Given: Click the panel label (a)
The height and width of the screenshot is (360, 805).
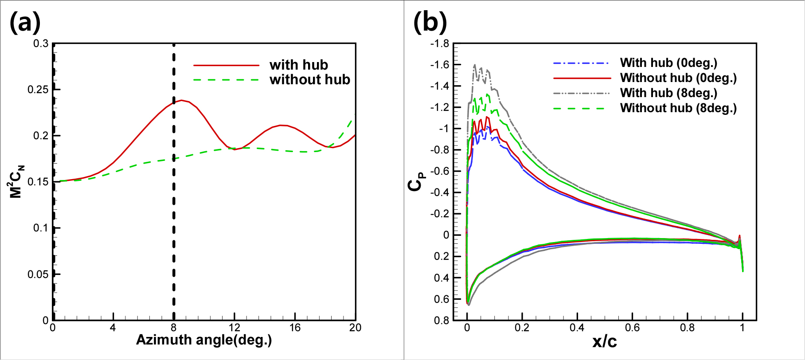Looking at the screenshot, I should [x=25, y=22].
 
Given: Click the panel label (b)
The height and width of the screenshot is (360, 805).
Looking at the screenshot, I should [x=430, y=22].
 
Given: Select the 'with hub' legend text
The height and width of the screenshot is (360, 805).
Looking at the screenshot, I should [x=298, y=65].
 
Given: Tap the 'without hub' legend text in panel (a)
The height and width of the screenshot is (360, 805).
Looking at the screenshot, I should [x=309, y=80].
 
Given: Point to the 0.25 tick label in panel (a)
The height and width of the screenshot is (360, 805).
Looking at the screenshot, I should [x=38, y=90].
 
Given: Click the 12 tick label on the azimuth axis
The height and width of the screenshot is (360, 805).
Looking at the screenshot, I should [x=234, y=328].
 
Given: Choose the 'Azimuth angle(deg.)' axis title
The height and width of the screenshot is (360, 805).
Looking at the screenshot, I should [x=204, y=340].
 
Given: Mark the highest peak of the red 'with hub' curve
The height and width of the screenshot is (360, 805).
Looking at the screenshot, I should [x=181, y=100].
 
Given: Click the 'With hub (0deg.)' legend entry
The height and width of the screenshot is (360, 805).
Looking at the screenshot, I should [x=668, y=63].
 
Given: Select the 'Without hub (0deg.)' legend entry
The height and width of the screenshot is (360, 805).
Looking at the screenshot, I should [x=678, y=78].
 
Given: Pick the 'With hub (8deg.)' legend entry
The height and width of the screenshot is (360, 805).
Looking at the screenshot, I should [x=668, y=93].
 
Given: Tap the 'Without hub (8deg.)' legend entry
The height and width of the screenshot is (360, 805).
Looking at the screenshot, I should [x=678, y=108].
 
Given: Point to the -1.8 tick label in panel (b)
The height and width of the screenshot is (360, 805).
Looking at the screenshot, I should [x=439, y=43].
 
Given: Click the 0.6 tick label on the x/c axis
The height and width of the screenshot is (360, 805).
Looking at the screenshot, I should [x=632, y=328].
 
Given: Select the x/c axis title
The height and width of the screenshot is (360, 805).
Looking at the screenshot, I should [x=605, y=341].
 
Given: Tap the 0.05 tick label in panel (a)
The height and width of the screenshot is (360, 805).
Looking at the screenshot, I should [x=38, y=274].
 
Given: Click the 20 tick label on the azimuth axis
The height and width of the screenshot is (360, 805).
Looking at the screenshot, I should [x=355, y=328].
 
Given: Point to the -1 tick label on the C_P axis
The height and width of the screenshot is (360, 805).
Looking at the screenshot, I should [x=444, y=129].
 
